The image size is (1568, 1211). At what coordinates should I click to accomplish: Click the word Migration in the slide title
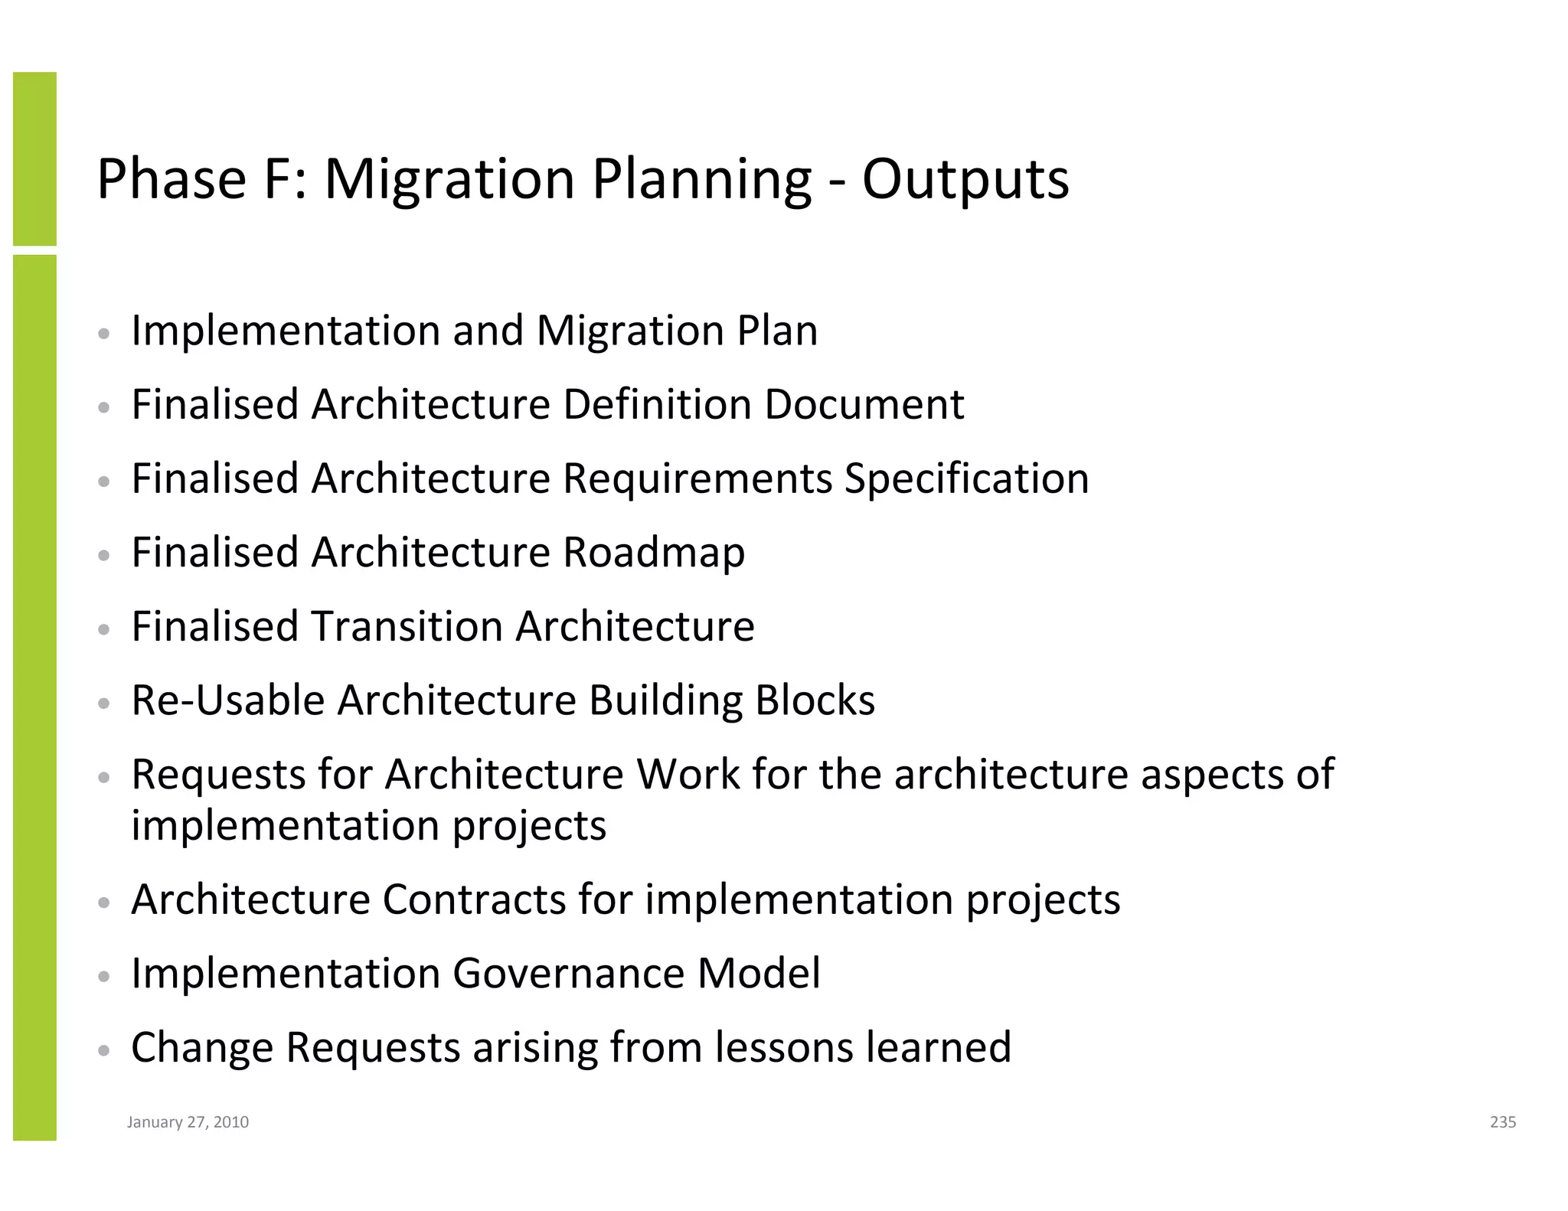(449, 180)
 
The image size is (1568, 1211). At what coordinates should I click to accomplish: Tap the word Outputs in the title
(965, 180)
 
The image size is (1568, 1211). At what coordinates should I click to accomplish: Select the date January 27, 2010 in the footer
(188, 1122)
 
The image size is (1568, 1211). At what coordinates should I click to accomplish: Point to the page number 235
(1502, 1122)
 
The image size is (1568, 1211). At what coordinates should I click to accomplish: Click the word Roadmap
(653, 553)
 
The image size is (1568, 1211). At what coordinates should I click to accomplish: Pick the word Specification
(966, 479)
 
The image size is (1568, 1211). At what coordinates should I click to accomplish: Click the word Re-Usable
(227, 700)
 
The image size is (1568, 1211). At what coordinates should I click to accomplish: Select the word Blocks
(815, 700)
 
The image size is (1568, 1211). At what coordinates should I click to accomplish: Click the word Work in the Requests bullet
(688, 775)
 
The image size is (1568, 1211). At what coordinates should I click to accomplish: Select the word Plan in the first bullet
(776, 331)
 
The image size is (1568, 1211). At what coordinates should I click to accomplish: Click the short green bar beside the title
(34, 158)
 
